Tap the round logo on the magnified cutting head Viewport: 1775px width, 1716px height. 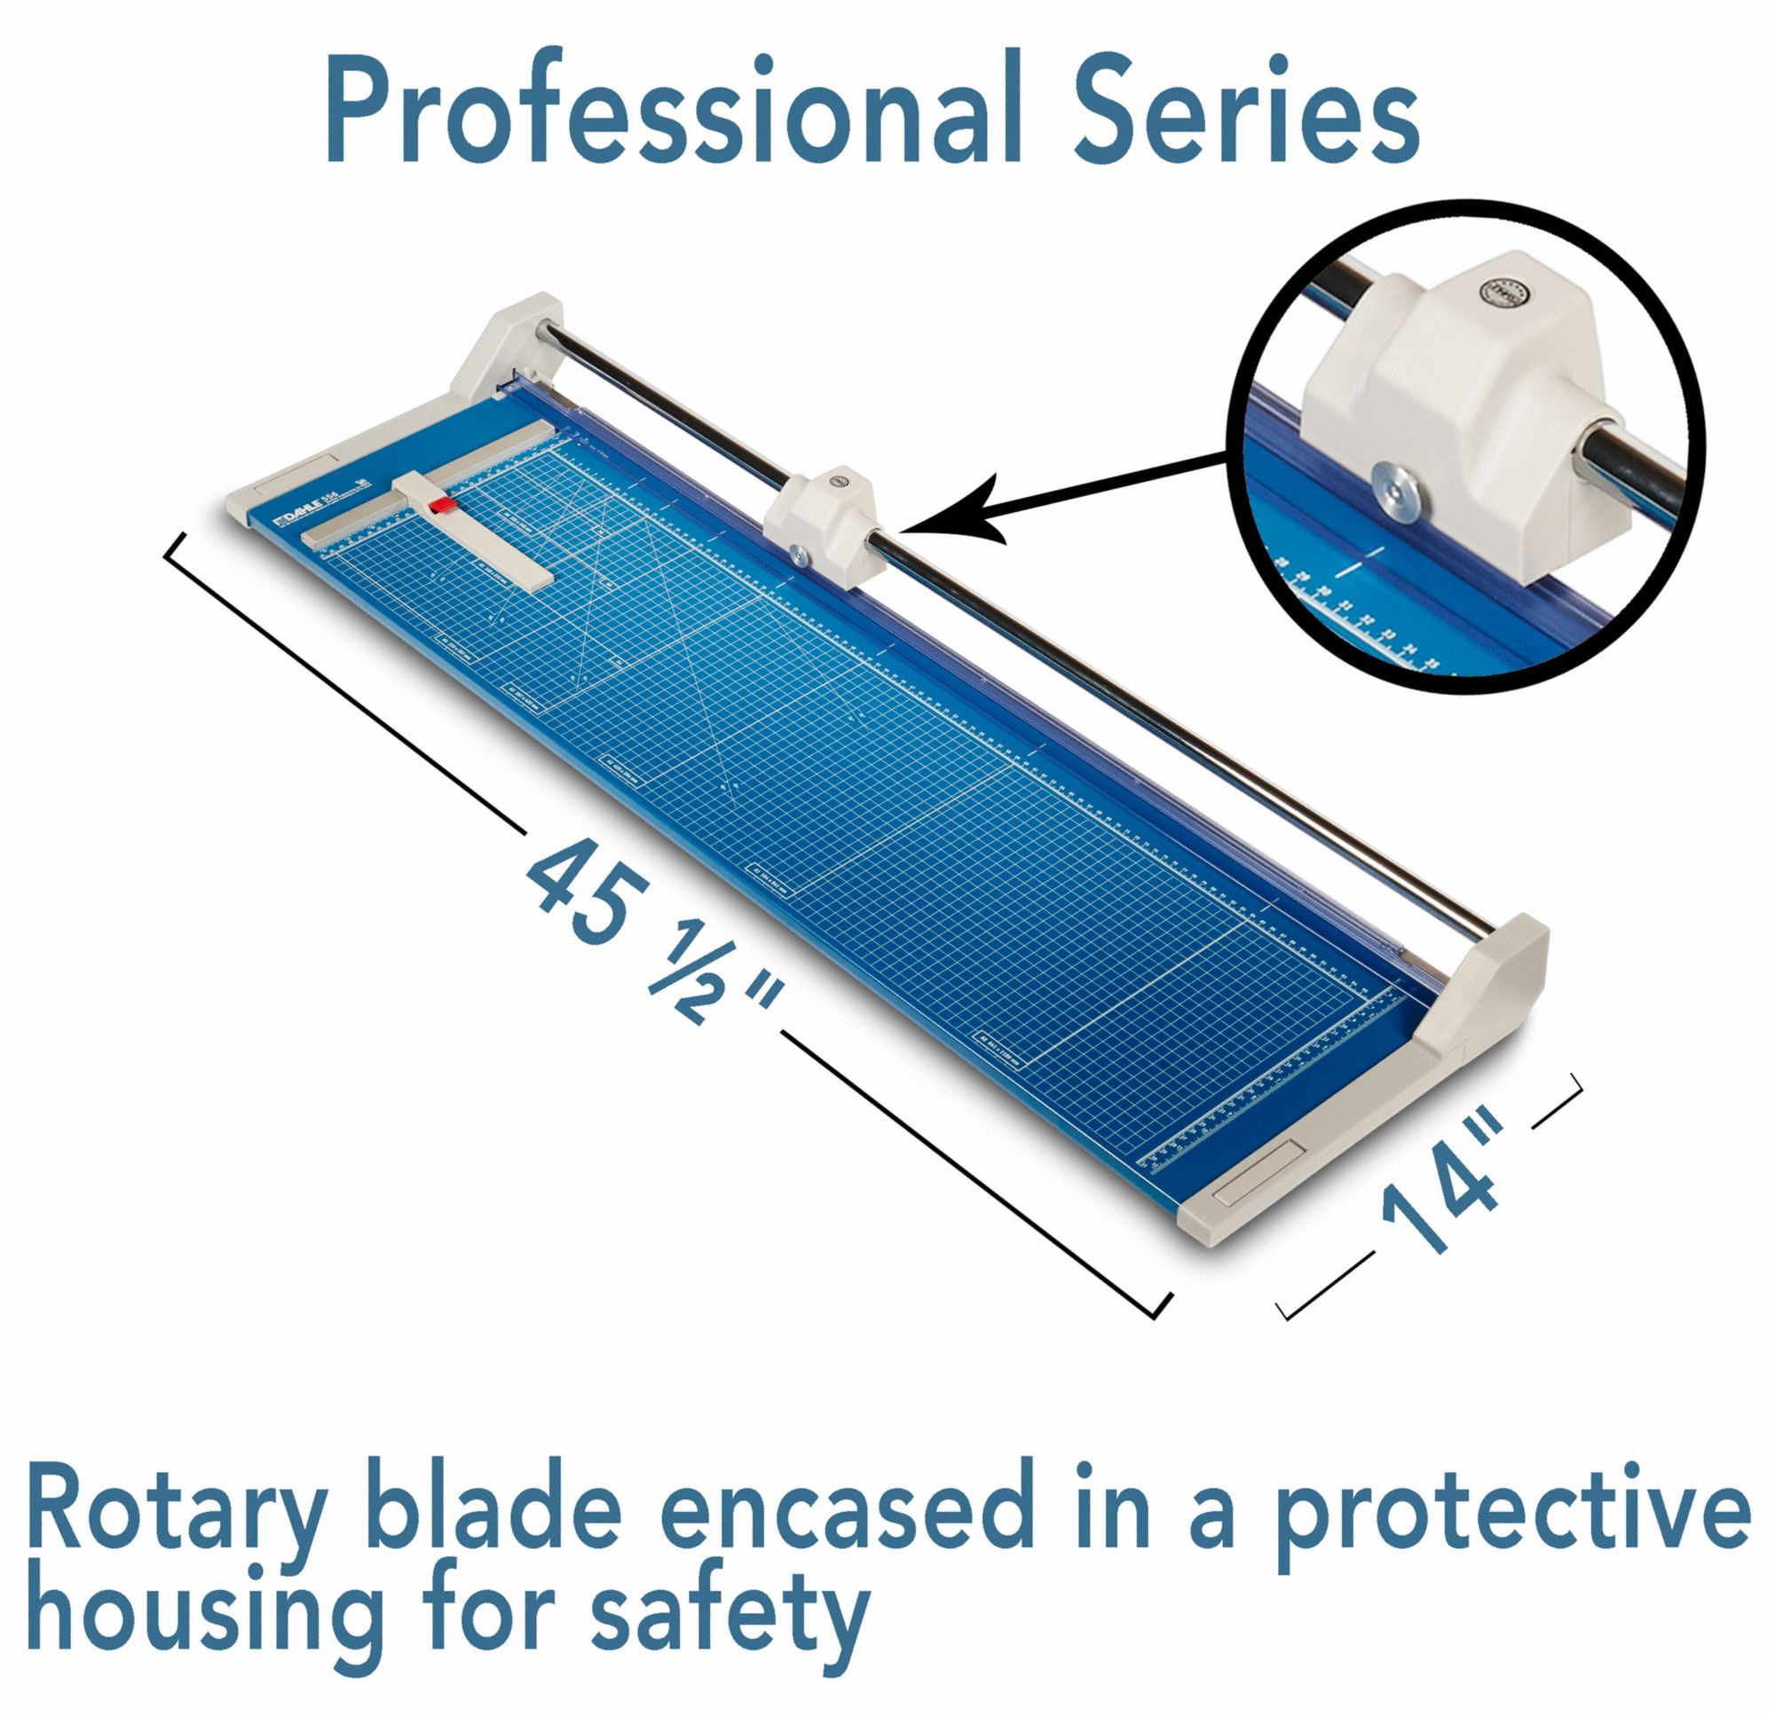coord(1497,293)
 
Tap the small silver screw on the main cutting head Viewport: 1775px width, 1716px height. coord(798,555)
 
